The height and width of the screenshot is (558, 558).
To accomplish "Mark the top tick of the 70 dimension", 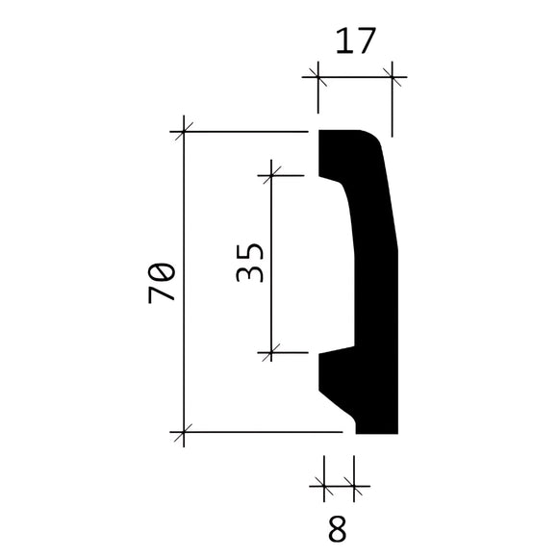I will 183,131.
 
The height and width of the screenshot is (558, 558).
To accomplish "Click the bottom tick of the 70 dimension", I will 183,433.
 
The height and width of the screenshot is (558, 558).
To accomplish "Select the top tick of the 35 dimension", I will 272,175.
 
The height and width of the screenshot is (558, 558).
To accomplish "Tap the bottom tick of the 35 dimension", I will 272,353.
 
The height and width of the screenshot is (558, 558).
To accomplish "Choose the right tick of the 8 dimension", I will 356,490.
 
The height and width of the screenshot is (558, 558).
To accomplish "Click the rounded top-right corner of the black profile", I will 373,137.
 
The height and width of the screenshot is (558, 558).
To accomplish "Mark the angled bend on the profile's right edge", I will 397,246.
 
